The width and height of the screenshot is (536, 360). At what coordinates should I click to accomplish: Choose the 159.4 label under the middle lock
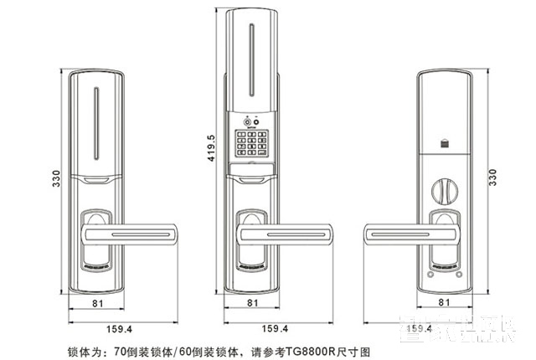276,328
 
